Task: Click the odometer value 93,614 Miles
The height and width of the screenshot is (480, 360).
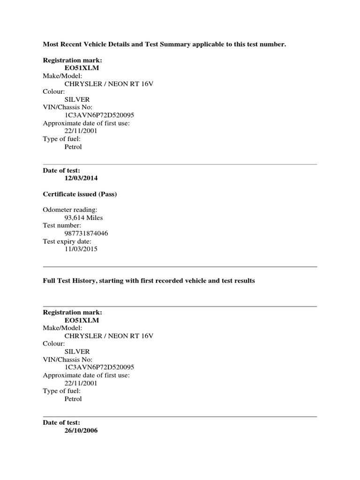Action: tap(83, 217)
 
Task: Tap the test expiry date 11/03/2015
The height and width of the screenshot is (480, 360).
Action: tap(81, 249)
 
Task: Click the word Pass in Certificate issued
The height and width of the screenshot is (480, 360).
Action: tap(106, 195)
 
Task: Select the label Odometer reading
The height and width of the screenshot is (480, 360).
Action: tap(70, 210)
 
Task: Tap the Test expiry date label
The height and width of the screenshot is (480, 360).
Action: tap(67, 241)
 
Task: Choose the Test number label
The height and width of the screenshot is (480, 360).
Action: tap(62, 225)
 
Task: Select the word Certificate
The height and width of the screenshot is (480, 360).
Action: tap(60, 195)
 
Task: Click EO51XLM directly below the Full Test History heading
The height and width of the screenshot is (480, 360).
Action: tap(82, 320)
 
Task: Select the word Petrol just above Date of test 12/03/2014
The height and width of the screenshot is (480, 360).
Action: tap(73, 147)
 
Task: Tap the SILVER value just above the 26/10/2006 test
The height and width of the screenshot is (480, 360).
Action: tap(77, 352)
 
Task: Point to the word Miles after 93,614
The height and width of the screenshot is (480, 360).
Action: tap(94, 217)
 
